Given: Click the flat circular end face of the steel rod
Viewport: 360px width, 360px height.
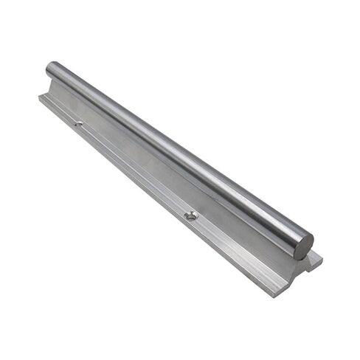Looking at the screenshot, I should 303,246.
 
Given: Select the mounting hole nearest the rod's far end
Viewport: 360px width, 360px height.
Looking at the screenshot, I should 77,123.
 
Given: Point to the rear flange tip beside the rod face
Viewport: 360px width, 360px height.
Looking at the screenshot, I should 317,257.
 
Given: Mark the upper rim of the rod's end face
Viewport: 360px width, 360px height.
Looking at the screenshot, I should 303,235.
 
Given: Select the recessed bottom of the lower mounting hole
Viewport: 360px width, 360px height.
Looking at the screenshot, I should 190,216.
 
